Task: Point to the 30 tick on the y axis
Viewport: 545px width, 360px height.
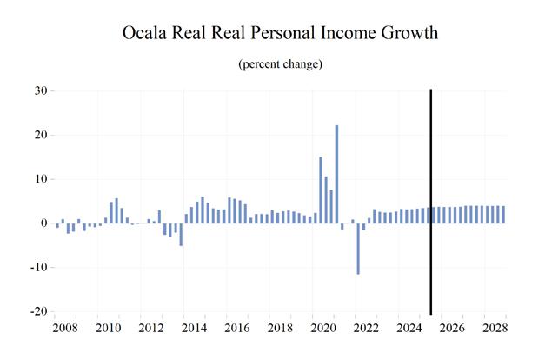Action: (40, 90)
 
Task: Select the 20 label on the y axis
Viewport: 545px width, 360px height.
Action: (40, 135)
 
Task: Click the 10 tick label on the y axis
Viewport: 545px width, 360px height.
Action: (40, 179)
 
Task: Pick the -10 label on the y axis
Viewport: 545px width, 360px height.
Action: (38, 268)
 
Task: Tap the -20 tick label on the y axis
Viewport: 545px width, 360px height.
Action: (38, 312)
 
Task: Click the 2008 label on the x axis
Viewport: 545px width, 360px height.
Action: (66, 330)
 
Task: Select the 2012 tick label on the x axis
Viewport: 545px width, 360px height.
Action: (151, 330)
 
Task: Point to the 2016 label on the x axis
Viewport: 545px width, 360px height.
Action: (236, 330)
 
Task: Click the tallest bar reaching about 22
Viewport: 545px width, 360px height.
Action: (336, 174)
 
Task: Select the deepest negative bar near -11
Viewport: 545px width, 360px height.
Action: (358, 249)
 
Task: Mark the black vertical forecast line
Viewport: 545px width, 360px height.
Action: (431, 200)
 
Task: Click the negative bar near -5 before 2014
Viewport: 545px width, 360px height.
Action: (181, 234)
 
